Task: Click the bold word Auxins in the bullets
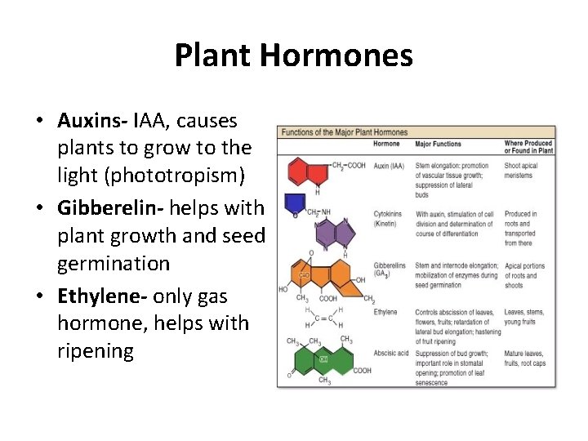[x=91, y=121]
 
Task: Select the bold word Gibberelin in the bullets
[x=104, y=207]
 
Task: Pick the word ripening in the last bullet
[x=95, y=351]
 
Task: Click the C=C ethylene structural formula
[x=323, y=318]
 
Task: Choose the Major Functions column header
[x=439, y=144]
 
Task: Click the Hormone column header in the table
[x=386, y=144]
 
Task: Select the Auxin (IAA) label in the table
[x=389, y=167]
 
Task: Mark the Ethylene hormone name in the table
[x=385, y=312]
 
